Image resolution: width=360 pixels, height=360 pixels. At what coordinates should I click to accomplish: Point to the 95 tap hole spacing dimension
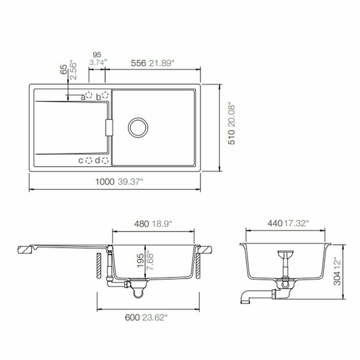point(97,53)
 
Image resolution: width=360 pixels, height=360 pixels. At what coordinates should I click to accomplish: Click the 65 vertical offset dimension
point(64,70)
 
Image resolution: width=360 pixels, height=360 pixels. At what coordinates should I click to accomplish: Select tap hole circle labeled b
point(105,95)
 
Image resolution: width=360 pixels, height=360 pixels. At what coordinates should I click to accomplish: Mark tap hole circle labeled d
point(105,160)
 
